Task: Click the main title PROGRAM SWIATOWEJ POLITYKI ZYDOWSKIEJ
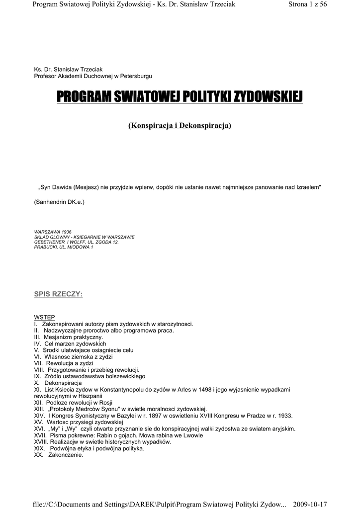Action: click(x=180, y=96)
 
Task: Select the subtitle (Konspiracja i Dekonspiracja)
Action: click(x=180, y=126)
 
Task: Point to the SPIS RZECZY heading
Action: click(x=58, y=294)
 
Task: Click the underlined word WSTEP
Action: click(x=44, y=317)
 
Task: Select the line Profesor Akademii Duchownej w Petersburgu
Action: click(x=93, y=76)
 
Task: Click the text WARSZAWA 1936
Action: click(x=53, y=232)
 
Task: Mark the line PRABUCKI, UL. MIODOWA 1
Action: click(x=63, y=247)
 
